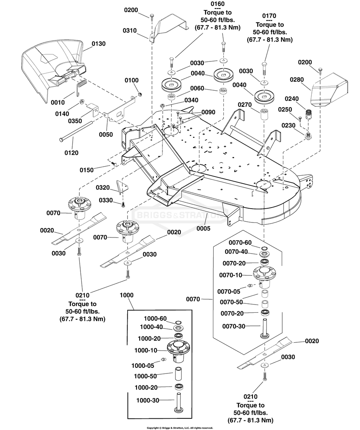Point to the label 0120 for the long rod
[x=71, y=152]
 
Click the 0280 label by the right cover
[x=296, y=79]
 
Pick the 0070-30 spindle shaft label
[x=234, y=326]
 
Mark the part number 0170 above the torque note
[x=269, y=16]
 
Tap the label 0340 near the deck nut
[x=191, y=100]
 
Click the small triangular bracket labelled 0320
[x=121, y=186]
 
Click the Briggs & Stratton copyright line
[x=180, y=427]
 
